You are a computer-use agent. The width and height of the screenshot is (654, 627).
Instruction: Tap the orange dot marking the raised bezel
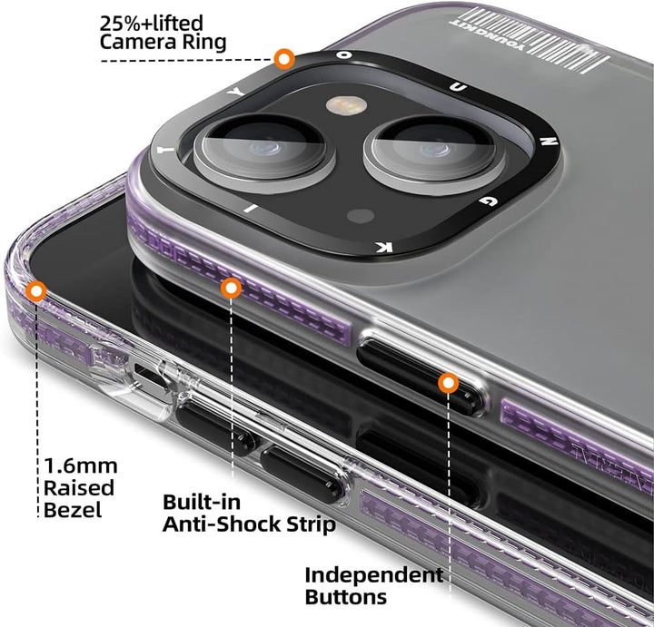[37, 291]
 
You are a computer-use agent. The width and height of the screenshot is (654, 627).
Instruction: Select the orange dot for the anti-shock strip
[232, 289]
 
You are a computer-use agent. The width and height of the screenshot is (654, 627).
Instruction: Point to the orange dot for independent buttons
[447, 383]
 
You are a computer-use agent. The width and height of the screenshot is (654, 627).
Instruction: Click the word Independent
[373, 574]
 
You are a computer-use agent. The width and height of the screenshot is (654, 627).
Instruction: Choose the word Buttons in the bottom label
[345, 597]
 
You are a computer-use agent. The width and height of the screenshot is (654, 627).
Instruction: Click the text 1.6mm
[81, 465]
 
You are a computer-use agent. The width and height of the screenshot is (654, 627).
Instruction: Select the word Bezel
[73, 509]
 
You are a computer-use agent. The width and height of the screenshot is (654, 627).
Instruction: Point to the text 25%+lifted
[153, 21]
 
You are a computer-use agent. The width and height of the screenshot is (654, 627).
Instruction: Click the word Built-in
[202, 502]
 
